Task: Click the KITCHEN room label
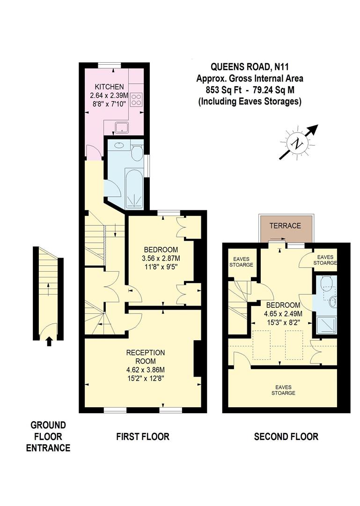point(109,87)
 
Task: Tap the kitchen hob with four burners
point(136,99)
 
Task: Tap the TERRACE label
point(285,226)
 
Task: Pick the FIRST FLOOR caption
point(143,437)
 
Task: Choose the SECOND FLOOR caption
point(286,437)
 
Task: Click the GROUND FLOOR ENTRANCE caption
point(48,437)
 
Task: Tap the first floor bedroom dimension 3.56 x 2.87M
point(161,258)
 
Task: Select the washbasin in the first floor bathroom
point(119,146)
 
